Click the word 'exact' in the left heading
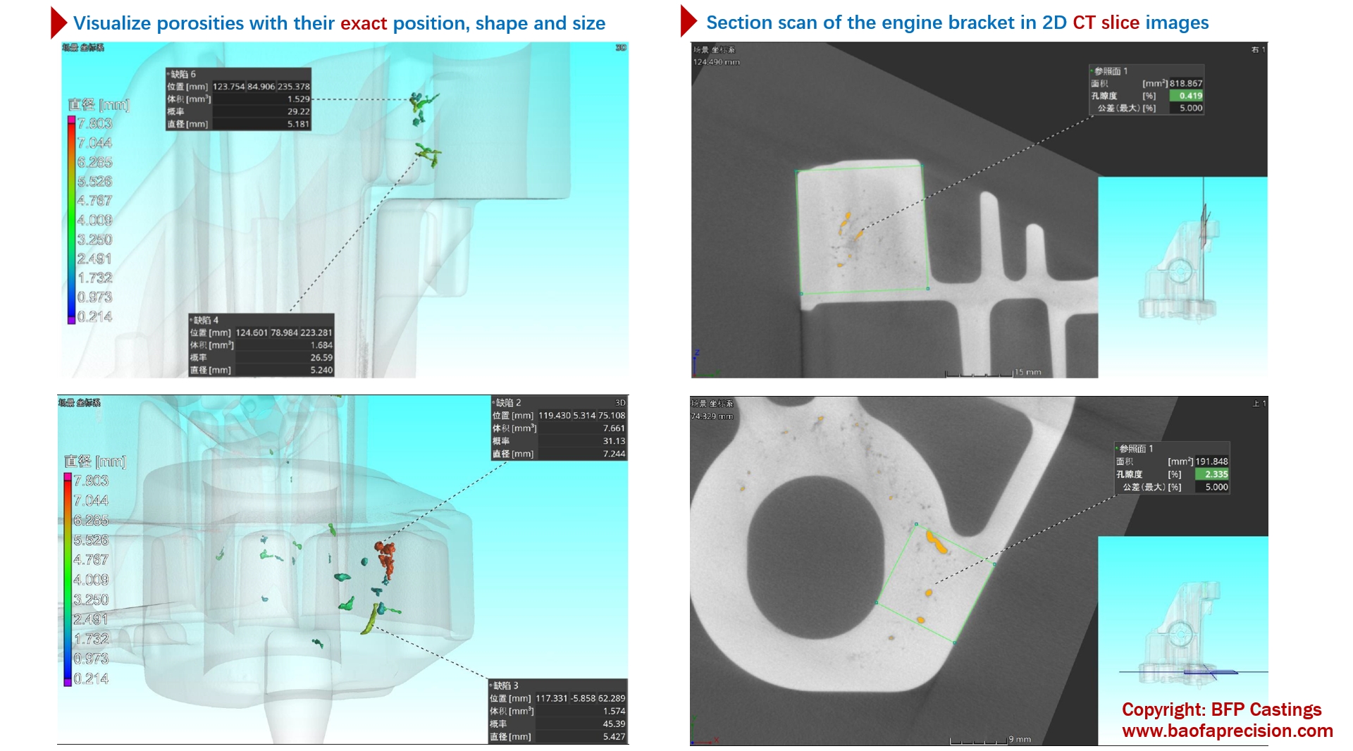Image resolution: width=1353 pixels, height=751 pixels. (x=364, y=23)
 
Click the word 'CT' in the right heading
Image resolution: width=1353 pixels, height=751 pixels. (x=1084, y=23)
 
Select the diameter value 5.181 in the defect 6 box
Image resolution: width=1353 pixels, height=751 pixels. (x=298, y=124)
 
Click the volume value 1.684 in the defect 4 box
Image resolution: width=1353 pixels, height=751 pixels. (x=321, y=345)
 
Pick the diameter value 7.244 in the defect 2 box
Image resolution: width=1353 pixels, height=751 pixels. (x=614, y=454)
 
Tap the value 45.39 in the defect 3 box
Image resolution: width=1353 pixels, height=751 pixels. (x=614, y=724)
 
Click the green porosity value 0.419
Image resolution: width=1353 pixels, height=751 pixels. (x=1190, y=96)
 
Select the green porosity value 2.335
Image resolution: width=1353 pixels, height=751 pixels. (x=1216, y=474)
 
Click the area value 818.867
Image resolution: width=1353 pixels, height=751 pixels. (x=1186, y=83)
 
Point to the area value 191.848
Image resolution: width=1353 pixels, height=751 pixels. (x=1211, y=461)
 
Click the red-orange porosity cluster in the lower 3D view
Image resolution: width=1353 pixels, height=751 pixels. (x=385, y=557)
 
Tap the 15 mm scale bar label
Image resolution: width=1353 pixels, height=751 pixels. (x=1028, y=372)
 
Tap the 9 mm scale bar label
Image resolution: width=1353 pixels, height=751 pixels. (x=1020, y=739)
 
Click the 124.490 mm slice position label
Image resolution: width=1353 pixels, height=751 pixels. (x=716, y=62)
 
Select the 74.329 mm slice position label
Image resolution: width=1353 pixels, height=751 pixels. (x=712, y=416)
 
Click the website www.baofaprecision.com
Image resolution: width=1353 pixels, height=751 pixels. (x=1227, y=731)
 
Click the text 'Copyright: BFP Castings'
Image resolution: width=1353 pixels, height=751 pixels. (x=1221, y=709)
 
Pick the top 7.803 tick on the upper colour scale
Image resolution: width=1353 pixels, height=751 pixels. (x=94, y=123)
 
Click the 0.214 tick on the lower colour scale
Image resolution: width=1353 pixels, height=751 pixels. (x=91, y=678)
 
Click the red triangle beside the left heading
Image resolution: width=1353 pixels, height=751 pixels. (x=58, y=23)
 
